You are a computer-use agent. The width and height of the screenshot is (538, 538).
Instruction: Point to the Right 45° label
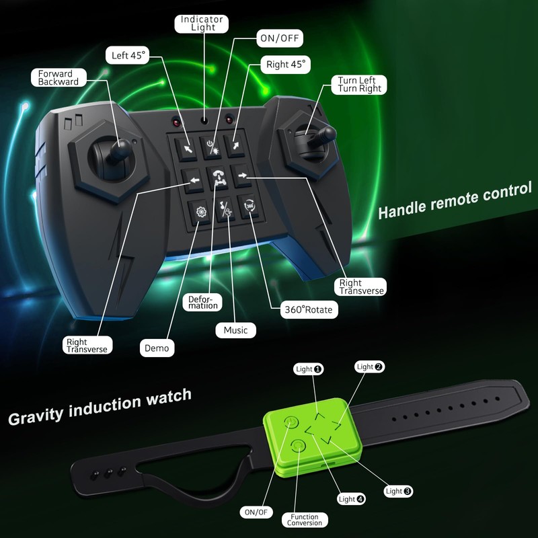click(286, 65)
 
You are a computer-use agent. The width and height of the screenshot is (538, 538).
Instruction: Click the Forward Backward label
click(58, 77)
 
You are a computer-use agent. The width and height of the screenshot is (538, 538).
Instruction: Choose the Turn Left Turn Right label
click(360, 84)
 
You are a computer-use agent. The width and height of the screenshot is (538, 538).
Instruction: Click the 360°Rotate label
click(309, 311)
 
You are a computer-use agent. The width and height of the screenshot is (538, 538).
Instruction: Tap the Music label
click(235, 330)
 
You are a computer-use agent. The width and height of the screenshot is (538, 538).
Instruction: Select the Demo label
click(156, 348)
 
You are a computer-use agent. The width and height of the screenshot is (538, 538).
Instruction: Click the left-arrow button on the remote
click(194, 180)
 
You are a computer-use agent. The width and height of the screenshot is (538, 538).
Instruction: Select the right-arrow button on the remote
click(243, 176)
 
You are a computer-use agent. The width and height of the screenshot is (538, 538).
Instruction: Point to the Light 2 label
click(370, 367)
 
